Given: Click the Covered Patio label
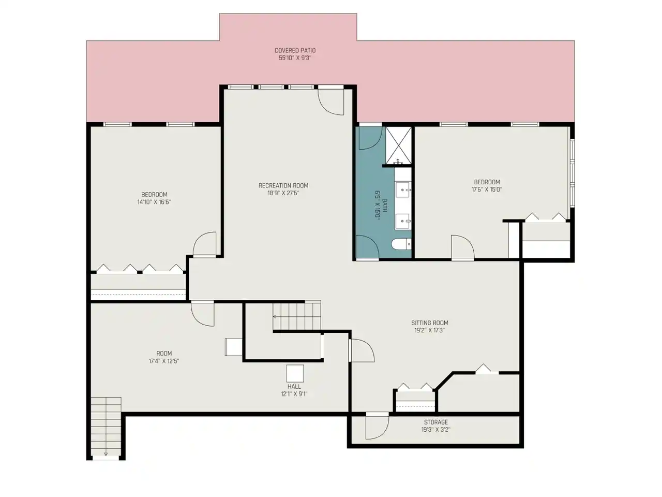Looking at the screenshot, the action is (x=295, y=50).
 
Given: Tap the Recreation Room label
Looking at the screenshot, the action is (x=283, y=185).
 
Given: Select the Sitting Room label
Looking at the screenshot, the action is (x=429, y=323).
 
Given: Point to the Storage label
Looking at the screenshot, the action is (x=436, y=422).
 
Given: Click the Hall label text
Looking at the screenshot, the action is (x=294, y=387).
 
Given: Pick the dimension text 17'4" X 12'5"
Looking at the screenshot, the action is (x=164, y=361).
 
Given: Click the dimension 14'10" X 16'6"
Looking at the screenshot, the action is (x=154, y=202).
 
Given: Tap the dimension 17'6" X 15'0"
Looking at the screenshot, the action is (x=487, y=189).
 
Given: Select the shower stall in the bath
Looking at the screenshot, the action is (x=398, y=146).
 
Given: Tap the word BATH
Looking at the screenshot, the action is (x=384, y=205).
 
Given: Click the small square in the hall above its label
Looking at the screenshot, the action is (x=295, y=373).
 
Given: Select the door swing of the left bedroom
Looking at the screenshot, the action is (x=204, y=244).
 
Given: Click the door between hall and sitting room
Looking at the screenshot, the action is (x=362, y=350).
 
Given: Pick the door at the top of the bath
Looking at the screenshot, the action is (x=371, y=138).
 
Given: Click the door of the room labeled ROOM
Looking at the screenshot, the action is (x=203, y=314).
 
